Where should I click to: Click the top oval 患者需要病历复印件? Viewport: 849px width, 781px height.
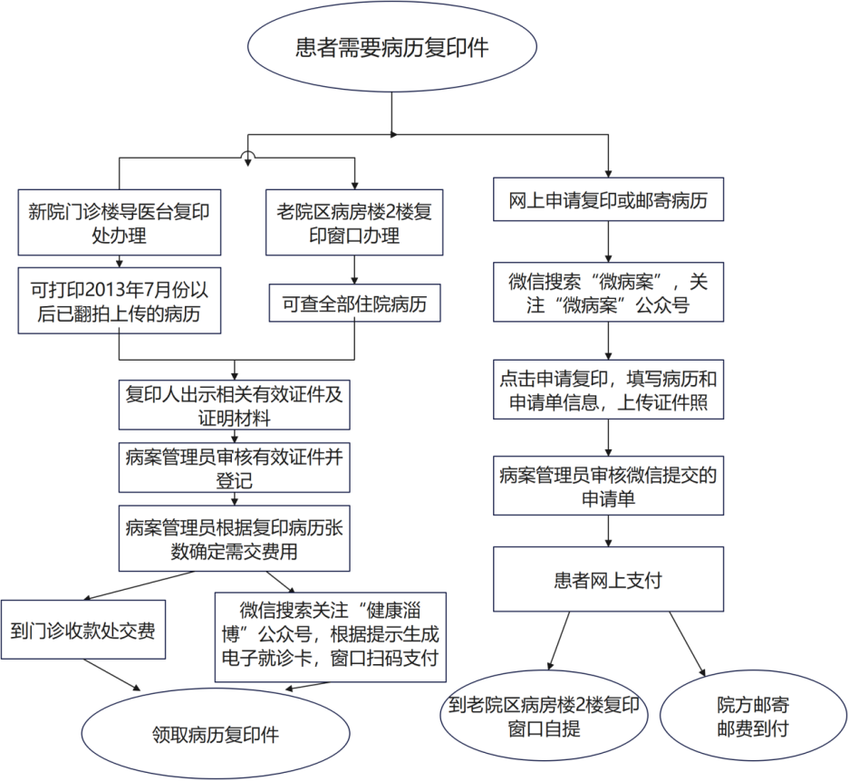pos(391,48)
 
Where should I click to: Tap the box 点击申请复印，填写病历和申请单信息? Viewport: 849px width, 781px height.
pos(608,390)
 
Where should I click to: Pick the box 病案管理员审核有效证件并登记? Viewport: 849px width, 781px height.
pos(235,468)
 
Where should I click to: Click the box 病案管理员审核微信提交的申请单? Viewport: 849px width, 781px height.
pos(608,486)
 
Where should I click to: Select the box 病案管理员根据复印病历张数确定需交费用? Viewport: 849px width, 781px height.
pos(235,538)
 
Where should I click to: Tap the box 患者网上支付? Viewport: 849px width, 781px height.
pos(608,579)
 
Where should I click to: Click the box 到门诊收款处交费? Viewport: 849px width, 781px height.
pos(82,630)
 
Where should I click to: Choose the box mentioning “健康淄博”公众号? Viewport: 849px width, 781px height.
pos(330,636)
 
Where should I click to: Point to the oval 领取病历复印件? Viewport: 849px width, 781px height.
pos(216,734)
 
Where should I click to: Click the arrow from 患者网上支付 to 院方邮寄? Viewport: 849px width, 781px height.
pos(689,644)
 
